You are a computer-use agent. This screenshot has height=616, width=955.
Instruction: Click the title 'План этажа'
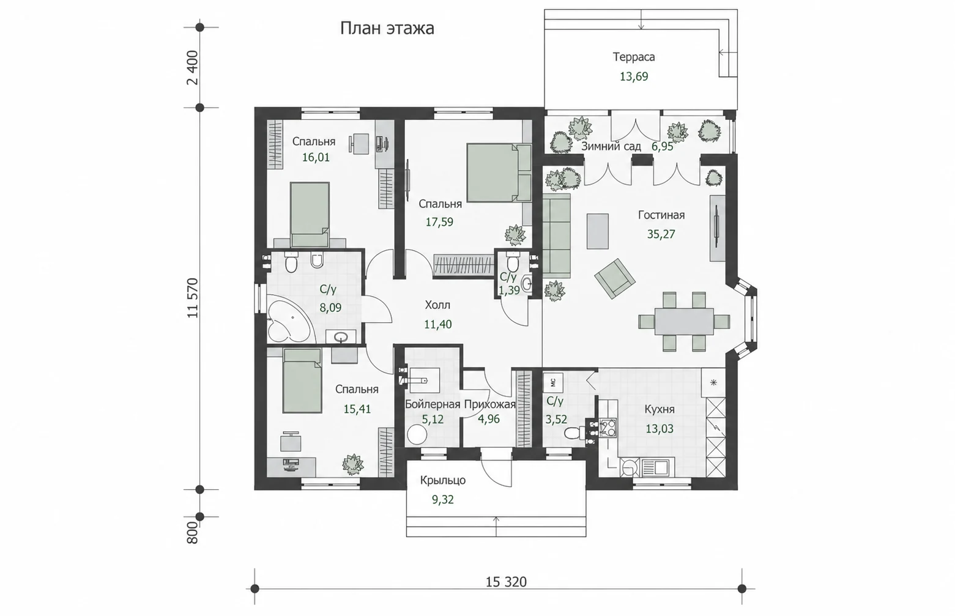point(387,29)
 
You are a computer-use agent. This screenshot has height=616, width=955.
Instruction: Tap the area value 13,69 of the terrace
point(634,76)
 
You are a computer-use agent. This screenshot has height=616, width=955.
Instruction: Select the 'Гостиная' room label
point(661,215)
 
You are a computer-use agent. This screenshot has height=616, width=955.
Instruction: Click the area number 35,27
point(661,234)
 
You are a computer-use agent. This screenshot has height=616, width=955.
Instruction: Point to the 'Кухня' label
point(659,410)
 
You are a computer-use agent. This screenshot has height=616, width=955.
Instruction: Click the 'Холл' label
point(437,305)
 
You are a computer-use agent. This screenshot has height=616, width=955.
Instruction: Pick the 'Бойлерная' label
point(433,404)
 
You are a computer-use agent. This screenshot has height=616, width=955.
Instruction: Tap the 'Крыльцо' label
point(442,480)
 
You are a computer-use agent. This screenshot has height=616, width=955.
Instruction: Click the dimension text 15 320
point(506,582)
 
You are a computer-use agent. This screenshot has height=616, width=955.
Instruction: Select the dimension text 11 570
point(193,298)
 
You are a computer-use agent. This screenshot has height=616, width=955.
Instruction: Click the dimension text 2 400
point(193,68)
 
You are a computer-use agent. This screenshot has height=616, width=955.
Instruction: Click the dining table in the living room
point(684,321)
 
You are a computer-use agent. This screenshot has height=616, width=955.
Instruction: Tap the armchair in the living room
point(615,278)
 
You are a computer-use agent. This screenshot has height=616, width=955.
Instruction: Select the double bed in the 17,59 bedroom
point(499,173)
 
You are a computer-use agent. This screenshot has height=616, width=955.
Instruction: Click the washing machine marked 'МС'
point(554,382)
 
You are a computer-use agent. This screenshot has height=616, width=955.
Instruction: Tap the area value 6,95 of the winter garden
point(662,147)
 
